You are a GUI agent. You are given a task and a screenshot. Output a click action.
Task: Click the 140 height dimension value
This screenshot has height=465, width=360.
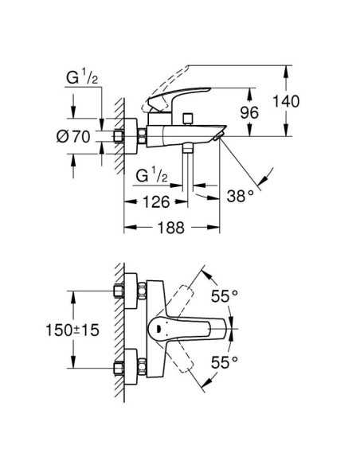click(286, 101)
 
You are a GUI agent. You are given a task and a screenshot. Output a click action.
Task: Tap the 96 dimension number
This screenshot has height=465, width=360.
click(249, 112)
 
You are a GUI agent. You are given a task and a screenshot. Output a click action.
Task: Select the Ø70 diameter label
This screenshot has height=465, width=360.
click(73, 137)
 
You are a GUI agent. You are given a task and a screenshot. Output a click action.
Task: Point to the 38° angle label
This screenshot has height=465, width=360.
click(241, 196)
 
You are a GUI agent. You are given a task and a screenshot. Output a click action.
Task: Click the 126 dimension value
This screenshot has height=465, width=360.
click(156, 202)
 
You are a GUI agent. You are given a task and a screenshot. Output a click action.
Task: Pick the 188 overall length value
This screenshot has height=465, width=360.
click(171, 228)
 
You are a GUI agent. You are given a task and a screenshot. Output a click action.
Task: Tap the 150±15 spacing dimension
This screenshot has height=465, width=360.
click(72, 330)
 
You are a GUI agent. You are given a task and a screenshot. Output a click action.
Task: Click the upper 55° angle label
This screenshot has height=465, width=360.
click(224, 295)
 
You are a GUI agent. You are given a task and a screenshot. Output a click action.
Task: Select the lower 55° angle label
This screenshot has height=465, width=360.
click(224, 361)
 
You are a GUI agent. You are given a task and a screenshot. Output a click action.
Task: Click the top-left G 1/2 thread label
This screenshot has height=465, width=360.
click(82, 78)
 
